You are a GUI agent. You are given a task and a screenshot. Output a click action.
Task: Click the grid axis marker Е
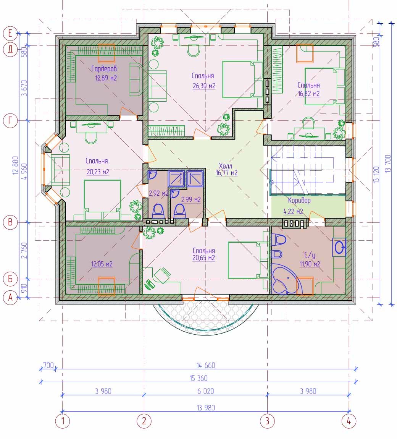(x=10, y=34)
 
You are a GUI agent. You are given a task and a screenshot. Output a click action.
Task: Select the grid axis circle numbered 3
(x=267, y=421)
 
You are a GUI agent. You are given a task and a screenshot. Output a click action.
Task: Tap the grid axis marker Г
(x=10, y=121)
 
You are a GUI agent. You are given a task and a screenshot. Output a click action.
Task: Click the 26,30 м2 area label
(x=204, y=86)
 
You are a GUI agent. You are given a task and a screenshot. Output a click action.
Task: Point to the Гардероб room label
(x=104, y=69)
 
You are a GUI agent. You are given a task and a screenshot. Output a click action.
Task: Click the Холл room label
(x=226, y=166)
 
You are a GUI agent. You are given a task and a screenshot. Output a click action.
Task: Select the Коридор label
(x=299, y=201)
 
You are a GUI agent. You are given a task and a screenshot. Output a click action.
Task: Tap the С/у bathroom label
(x=310, y=255)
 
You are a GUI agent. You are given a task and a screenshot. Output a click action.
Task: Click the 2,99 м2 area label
(x=191, y=199)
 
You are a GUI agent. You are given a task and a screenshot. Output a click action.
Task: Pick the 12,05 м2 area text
(x=102, y=264)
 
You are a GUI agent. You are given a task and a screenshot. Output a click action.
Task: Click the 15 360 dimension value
(x=198, y=378)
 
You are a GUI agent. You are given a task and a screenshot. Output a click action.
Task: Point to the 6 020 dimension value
(x=206, y=391)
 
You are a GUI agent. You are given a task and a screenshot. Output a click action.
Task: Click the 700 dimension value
(x=48, y=365)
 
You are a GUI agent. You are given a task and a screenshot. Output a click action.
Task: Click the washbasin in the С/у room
(x=339, y=248)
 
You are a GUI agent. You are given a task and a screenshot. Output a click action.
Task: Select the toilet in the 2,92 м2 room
(x=158, y=211)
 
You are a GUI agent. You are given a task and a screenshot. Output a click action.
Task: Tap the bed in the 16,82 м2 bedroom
(x=324, y=86)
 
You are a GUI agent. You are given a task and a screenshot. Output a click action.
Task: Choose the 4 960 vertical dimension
(x=24, y=172)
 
